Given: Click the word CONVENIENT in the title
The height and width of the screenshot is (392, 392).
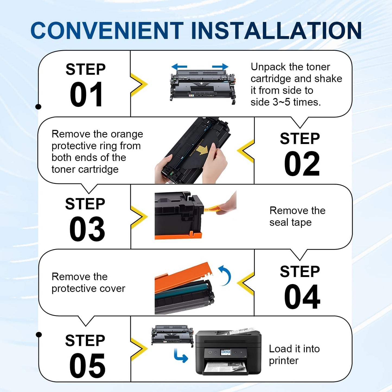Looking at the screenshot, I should click(107, 30).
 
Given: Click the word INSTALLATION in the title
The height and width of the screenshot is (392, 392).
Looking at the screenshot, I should click(276, 30).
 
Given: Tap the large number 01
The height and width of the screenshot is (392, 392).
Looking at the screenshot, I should click(86, 95).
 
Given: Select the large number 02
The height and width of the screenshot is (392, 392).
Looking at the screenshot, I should click(302, 164).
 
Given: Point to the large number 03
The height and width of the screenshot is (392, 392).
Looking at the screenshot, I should click(87, 229).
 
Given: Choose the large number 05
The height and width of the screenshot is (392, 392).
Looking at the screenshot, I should click(87, 366).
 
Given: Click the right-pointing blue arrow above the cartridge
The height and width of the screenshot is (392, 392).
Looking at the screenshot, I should click(220, 66).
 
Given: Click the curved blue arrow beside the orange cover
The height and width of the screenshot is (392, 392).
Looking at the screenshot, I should click(225, 275).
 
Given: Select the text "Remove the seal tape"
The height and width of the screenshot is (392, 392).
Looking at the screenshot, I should click(297, 216).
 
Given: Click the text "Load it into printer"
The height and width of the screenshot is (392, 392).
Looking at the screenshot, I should click(294, 355).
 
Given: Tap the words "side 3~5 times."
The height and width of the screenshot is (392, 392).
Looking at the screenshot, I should click(285, 102).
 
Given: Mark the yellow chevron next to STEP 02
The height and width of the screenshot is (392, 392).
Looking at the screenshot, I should click(246, 151).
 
